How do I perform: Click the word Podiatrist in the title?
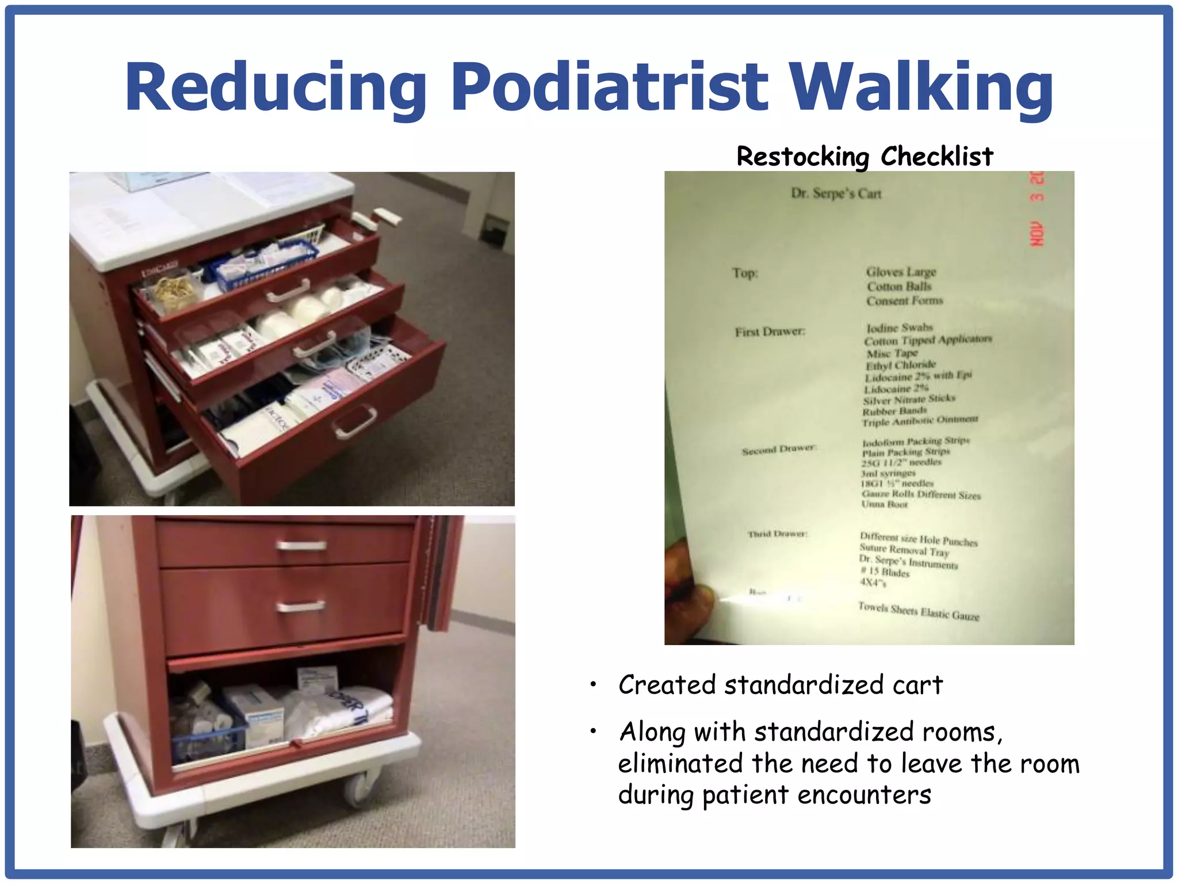[610, 87]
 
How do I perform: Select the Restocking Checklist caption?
[865, 157]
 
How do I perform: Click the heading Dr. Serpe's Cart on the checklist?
[836, 193]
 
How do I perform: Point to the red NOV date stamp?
[1037, 234]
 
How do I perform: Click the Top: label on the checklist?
[745, 273]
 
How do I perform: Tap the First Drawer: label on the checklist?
[770, 331]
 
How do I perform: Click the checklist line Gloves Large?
[901, 272]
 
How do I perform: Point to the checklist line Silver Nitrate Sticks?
[909, 399]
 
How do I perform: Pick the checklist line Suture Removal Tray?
[904, 550]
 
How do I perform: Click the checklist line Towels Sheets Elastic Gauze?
[918, 611]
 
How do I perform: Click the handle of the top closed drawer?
[301, 545]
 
